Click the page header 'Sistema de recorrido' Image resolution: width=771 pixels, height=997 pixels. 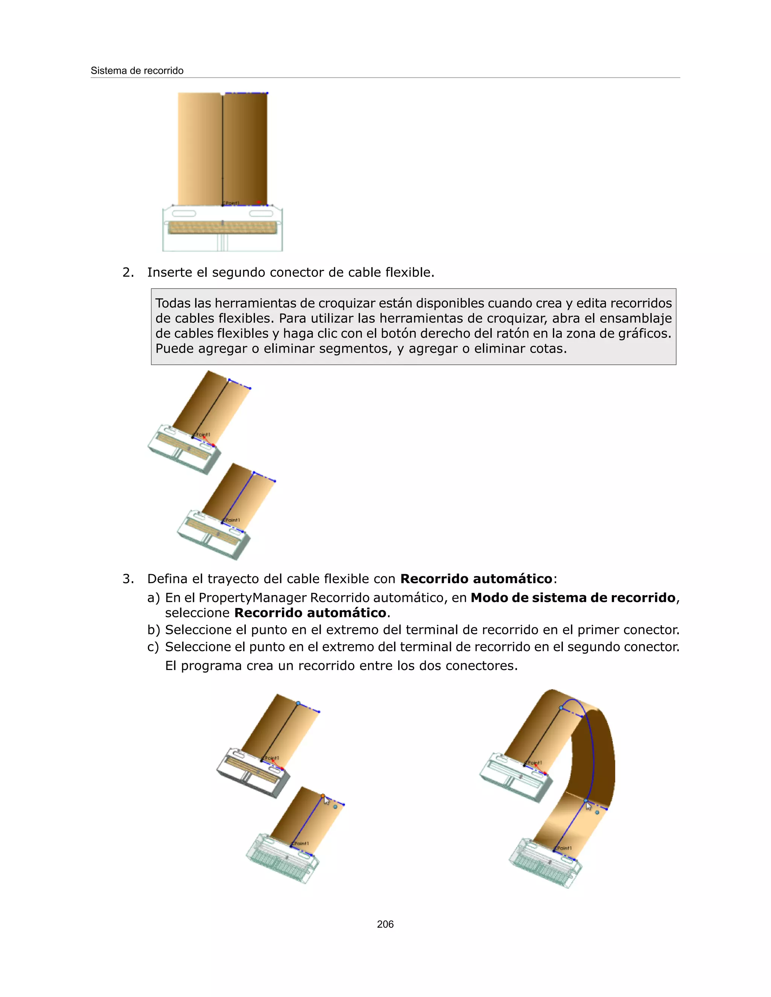[137, 71]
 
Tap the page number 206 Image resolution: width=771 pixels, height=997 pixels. [385, 924]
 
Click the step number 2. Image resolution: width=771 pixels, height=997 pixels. [128, 272]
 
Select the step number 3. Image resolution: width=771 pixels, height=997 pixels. [128, 579]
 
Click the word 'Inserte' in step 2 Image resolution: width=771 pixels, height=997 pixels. [169, 272]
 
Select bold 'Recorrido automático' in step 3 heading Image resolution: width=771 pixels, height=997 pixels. [476, 579]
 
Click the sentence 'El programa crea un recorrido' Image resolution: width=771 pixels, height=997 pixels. [341, 666]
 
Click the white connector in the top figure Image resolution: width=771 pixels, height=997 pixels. [222, 228]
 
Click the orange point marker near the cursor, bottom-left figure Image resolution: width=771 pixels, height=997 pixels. [323, 796]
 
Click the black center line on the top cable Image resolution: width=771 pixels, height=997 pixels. [222, 150]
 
